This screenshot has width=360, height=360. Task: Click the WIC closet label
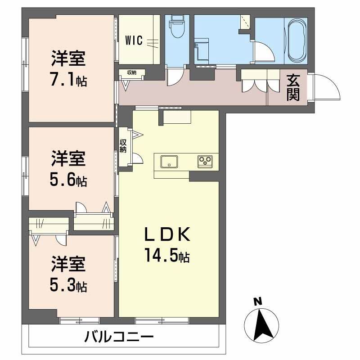point(134,40)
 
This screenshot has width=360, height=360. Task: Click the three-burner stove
point(205,161)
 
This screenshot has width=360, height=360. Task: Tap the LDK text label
point(167,235)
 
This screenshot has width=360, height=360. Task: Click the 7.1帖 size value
point(69,81)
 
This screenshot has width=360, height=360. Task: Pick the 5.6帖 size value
point(69,180)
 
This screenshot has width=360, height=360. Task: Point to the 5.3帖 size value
point(69,285)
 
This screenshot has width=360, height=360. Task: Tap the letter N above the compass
point(257,302)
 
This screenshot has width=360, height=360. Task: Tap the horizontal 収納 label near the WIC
point(131,72)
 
